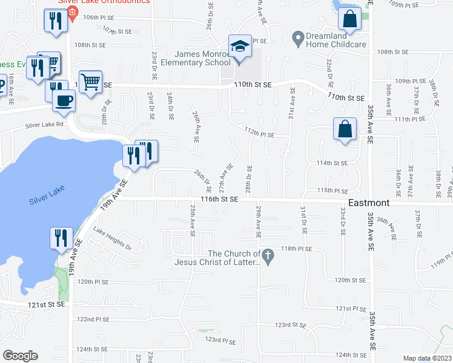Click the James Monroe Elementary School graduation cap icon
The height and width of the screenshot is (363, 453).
click(x=239, y=46)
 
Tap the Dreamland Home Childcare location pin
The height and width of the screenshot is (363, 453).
click(x=297, y=39)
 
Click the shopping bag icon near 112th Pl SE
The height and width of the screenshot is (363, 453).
click(x=345, y=129)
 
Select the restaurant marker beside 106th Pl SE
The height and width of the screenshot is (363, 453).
click(x=55, y=21)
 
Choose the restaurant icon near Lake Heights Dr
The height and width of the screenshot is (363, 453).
click(x=61, y=238)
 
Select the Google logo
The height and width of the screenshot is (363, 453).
click(x=20, y=356)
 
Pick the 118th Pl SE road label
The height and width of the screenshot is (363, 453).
click(x=296, y=249)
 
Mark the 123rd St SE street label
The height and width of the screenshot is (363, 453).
click(x=291, y=325)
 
